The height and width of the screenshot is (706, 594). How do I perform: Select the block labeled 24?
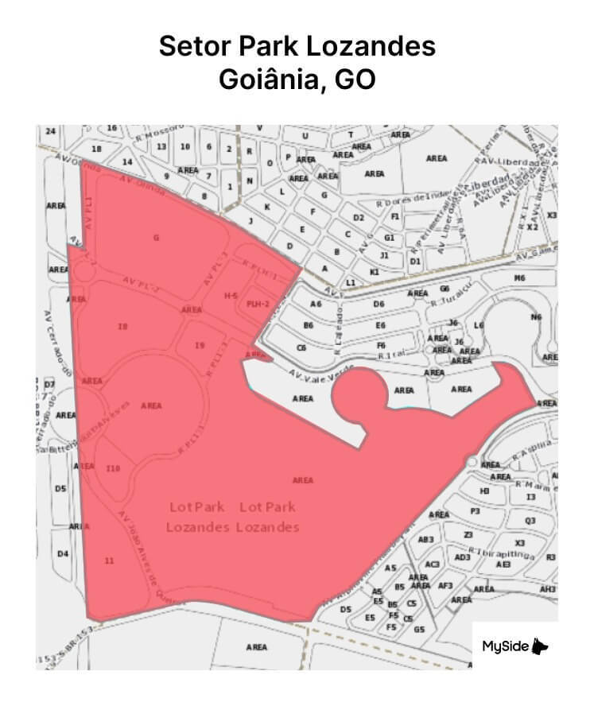pos(51,130)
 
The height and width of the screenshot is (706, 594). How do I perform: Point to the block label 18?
pos(97,149)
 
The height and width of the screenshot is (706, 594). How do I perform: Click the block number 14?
pos(126,161)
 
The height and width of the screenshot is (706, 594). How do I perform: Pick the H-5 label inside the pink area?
pos(231,296)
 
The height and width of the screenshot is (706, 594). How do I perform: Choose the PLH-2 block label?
pos(258,305)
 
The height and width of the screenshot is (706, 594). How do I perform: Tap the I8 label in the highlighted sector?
pos(122,326)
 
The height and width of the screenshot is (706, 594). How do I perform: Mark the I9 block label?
pos(200,345)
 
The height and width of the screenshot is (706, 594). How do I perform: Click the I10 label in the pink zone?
pos(113,469)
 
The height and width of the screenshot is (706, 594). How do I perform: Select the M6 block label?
pos(520,278)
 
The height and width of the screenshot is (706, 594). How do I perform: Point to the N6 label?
pos(536,317)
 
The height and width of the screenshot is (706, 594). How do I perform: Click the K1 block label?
pos(375,272)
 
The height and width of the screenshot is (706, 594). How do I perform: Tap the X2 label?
pos(533,227)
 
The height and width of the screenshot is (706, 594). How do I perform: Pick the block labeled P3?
pos(476,511)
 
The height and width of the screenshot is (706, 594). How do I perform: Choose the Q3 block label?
pos(530,521)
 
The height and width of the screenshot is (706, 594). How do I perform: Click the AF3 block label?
pos(445,586)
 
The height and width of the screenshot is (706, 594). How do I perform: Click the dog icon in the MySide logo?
pos(542,646)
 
